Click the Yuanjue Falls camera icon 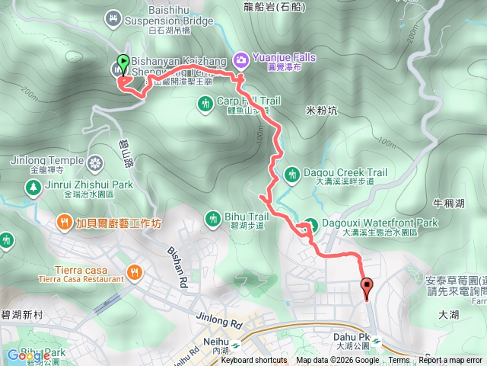tap(240, 59)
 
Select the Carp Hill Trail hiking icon tap(205, 103)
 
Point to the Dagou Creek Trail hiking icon tap(291, 175)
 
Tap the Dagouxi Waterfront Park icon tap(310, 226)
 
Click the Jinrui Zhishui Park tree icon tap(33, 188)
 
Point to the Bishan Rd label tap(174, 264)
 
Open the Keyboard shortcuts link tap(254, 361)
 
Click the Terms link tap(399, 361)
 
